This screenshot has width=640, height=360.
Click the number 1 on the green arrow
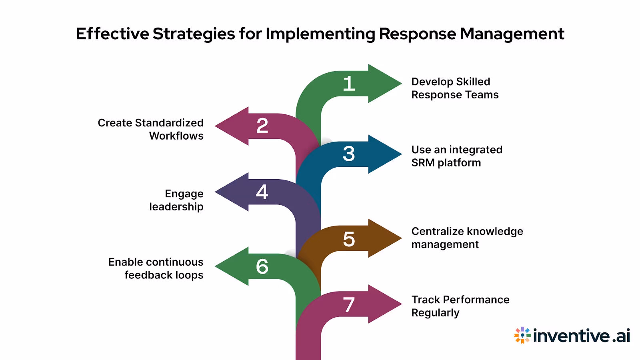[x=349, y=84]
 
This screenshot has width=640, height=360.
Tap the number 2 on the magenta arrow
[x=262, y=126]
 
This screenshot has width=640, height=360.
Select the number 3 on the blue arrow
[x=349, y=154]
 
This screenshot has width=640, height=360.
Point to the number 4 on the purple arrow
[x=262, y=192]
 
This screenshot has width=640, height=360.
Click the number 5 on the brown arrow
[x=349, y=239]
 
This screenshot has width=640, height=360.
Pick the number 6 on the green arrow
[x=262, y=266]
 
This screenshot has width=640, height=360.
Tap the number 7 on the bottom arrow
[x=349, y=305]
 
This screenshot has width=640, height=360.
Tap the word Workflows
[x=176, y=136]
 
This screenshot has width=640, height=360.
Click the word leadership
[x=176, y=207]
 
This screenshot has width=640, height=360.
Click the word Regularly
[x=435, y=313]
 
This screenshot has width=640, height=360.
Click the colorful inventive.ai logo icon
[x=522, y=335]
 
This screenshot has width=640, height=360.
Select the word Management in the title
[x=512, y=34]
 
